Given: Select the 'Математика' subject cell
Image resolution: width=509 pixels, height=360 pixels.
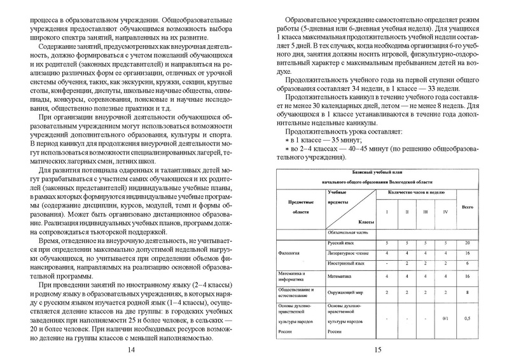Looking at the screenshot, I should pos(342,276).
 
